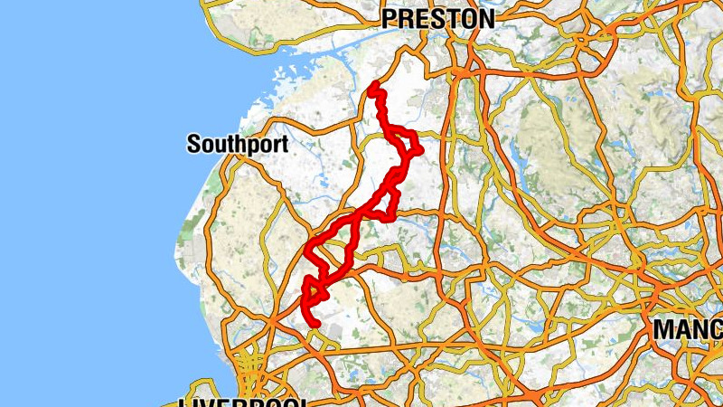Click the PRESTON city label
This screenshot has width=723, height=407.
[x=437, y=19]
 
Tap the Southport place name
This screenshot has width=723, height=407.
[x=237, y=144]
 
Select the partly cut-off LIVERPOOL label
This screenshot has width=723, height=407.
[x=244, y=402]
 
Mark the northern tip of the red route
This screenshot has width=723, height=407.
[x=374, y=85]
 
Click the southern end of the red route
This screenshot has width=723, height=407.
[x=316, y=323]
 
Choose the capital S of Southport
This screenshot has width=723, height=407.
[x=193, y=144]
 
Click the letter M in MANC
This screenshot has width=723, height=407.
[x=663, y=330]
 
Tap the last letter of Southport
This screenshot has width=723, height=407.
[x=284, y=144]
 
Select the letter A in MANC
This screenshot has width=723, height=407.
[x=681, y=330]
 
